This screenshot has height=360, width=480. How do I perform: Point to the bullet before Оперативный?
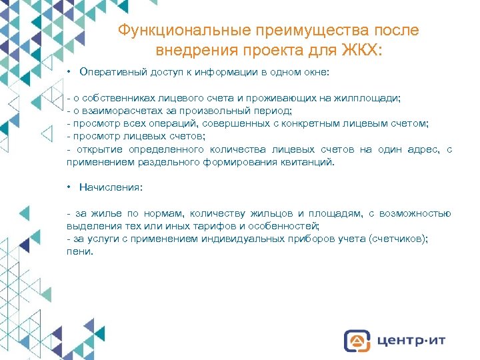pos(69,71)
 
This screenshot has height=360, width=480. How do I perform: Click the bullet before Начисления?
pos(69,187)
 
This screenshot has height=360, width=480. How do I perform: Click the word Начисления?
pos(111,187)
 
